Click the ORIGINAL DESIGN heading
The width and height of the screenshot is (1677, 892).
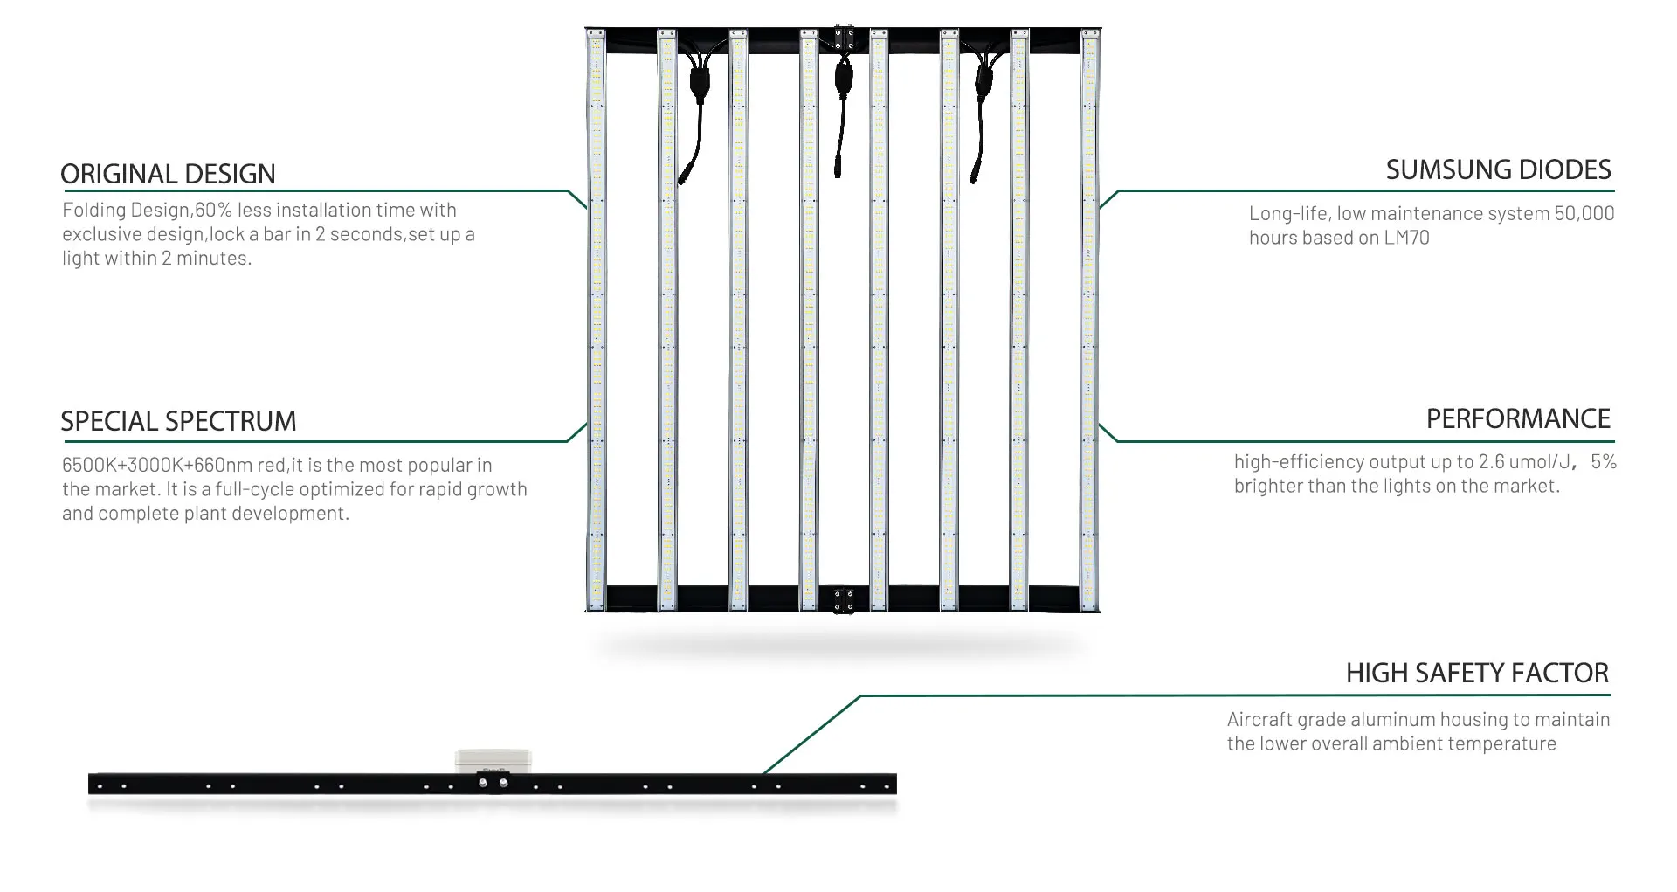168,174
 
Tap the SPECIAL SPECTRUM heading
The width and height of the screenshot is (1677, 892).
178,421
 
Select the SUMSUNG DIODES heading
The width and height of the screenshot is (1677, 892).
1498,169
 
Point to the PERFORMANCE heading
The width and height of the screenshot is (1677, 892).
1518,418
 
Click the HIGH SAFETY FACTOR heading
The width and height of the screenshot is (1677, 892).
1477,673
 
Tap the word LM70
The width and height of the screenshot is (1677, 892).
1406,238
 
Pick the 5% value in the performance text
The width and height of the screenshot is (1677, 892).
1603,462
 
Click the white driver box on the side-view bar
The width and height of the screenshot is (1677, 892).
493,759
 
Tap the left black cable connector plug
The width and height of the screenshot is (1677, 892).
700,85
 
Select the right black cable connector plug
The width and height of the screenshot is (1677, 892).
984,85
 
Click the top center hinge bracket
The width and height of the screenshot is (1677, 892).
844,38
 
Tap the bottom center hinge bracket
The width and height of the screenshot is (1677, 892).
844,600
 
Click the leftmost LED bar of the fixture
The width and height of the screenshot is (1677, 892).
597,320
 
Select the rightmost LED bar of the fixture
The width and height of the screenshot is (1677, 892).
1089,320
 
